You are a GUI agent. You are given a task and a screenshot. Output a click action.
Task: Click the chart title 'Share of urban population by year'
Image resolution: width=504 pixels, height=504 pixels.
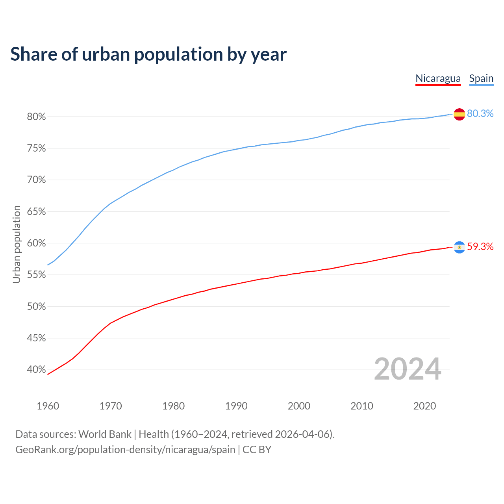(x=148, y=54)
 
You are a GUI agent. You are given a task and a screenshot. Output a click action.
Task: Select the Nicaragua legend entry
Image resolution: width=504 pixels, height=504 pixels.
(x=438, y=78)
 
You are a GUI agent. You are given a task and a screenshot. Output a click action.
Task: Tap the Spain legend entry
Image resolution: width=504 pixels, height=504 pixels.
(x=481, y=78)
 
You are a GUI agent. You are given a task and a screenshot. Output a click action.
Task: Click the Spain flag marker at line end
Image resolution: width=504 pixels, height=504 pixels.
(x=459, y=114)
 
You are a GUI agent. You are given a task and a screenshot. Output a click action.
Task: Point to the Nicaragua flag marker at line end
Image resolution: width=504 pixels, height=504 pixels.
(x=459, y=247)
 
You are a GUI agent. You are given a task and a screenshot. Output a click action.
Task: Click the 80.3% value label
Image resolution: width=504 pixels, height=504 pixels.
(x=480, y=113)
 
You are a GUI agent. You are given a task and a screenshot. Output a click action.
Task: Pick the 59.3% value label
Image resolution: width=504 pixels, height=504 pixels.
(x=480, y=246)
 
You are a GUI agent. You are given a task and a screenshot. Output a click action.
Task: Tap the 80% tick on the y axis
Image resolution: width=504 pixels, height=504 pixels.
(x=36, y=117)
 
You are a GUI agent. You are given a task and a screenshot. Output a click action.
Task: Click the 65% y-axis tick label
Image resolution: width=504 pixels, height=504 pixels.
(x=36, y=212)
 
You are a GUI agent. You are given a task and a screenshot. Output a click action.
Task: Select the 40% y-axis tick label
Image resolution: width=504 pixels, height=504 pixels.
(x=36, y=370)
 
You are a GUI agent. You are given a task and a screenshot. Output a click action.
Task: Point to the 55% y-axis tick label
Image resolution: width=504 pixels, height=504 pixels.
(x=36, y=275)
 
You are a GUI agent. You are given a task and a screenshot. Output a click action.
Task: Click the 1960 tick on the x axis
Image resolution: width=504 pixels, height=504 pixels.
(x=48, y=406)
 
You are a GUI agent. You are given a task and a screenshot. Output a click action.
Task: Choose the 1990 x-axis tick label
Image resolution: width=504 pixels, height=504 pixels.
(x=236, y=406)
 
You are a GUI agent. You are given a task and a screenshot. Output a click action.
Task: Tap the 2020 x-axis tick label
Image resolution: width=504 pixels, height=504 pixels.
(x=424, y=406)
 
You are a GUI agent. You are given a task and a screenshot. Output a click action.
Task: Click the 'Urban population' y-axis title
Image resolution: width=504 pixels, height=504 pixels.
(x=17, y=244)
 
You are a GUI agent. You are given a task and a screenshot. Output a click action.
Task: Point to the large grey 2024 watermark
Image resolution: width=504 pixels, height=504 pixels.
(x=408, y=369)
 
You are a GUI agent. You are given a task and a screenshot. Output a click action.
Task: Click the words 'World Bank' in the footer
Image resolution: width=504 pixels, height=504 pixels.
(x=105, y=434)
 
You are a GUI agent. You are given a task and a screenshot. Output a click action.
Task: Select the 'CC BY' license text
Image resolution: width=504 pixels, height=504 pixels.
(x=257, y=450)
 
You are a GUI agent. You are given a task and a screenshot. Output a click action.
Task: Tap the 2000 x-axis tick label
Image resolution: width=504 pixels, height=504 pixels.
(x=299, y=406)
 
